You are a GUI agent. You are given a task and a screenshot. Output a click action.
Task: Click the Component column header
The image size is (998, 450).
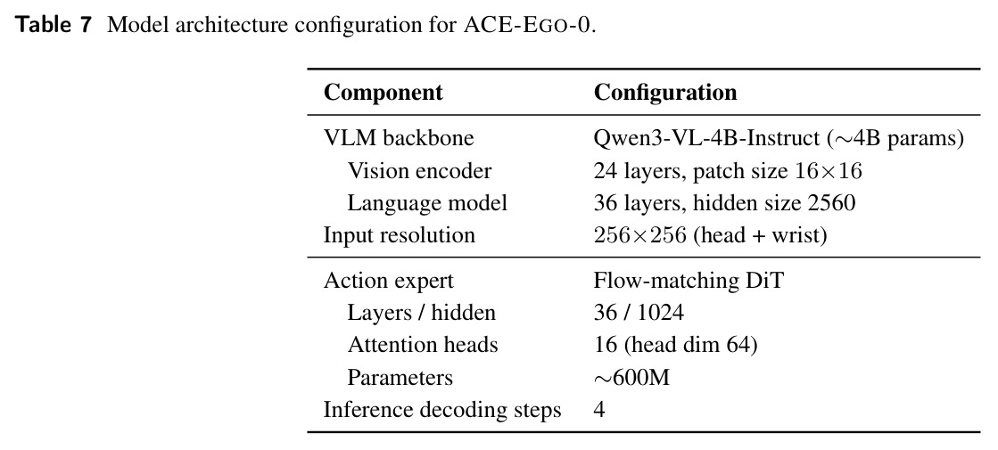[x=384, y=92]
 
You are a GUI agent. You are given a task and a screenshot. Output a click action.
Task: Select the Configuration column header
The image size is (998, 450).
[x=665, y=93]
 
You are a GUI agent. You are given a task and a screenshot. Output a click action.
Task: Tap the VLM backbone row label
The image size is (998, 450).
[x=399, y=138]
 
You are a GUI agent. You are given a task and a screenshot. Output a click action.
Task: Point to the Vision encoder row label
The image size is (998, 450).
[x=419, y=170]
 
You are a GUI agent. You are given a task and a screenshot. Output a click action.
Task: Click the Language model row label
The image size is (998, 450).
[x=427, y=203]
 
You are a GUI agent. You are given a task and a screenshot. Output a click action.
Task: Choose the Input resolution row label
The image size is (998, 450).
[x=399, y=235]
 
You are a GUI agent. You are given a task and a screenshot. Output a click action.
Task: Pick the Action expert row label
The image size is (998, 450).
[x=389, y=281]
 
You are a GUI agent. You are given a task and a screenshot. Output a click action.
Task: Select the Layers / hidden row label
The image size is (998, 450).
[x=421, y=313]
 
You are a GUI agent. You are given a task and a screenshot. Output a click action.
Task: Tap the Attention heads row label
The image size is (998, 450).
[x=423, y=345]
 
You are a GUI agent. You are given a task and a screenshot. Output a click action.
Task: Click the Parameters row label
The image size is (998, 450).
[x=400, y=378]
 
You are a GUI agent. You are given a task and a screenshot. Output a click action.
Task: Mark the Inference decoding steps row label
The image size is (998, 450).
[x=442, y=410]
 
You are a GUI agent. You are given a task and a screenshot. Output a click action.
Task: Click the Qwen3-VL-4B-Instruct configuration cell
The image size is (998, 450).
[x=779, y=138]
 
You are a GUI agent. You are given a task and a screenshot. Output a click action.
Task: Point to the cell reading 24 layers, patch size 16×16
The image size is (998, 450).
[x=728, y=170]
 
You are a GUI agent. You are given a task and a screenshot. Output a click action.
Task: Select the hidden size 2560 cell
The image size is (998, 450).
[x=724, y=203]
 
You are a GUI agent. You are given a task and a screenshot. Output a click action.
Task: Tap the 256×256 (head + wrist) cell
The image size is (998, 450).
[x=710, y=235]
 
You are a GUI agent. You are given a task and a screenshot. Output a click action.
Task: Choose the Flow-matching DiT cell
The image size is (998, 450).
[x=688, y=281]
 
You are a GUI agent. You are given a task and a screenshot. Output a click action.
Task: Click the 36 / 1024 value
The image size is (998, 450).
[x=639, y=313]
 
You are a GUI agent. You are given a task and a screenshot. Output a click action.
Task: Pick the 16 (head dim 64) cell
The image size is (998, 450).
[x=675, y=345]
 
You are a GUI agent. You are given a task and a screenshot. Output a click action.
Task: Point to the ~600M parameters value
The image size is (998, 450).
[x=631, y=378]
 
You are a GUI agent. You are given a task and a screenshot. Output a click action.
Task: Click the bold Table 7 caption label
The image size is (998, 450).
[x=54, y=25]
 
